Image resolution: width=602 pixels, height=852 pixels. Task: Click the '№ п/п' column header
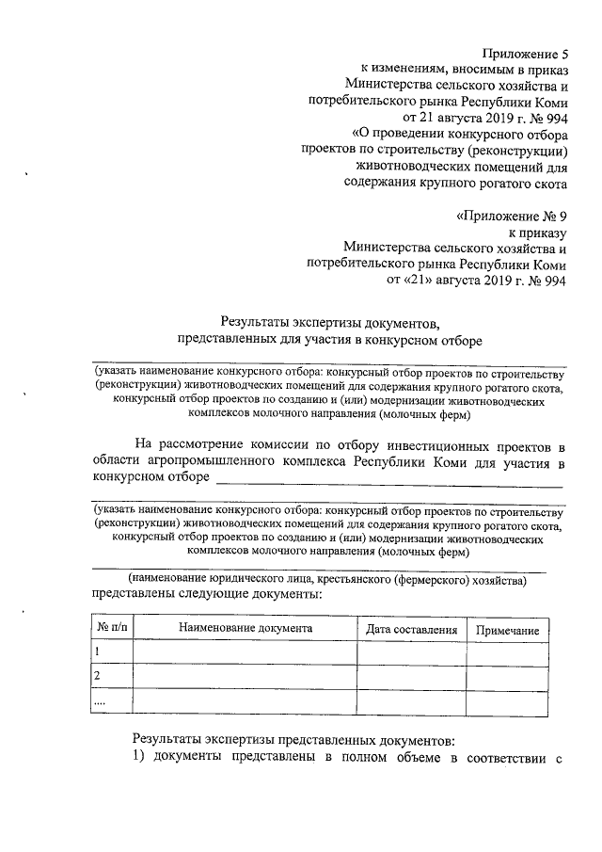pos(111,629)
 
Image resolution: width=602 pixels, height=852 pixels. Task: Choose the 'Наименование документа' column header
pos(244,629)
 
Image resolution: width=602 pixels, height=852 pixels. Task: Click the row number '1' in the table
pos(96,652)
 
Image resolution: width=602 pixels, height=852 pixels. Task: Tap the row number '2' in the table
pos(97,677)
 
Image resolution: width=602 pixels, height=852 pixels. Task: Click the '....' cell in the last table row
pos(101,701)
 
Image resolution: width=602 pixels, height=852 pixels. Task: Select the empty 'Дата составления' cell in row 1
pos(411,653)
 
